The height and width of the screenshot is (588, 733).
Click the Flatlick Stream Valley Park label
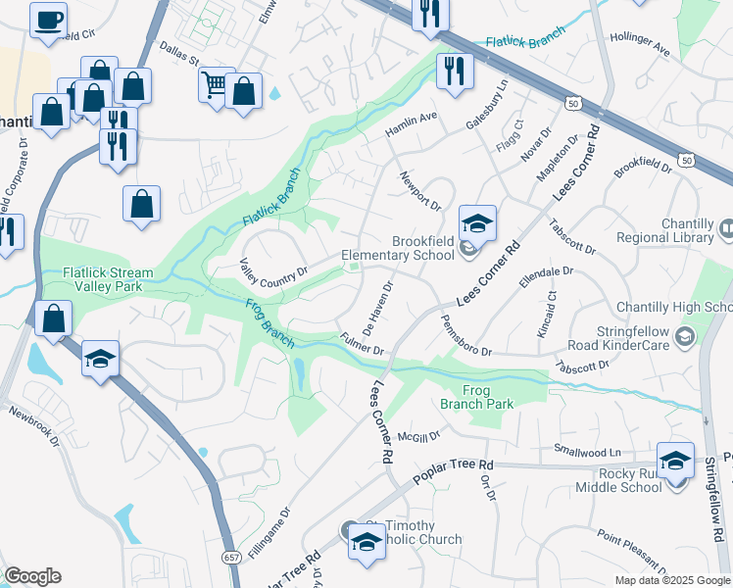pos(108,279)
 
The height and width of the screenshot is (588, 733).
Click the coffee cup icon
pos(48,20)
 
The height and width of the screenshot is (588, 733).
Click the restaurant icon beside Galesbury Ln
pos(455,71)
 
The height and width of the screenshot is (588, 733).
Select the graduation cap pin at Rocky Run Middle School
pos(676,460)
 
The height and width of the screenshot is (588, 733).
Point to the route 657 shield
pos(232,557)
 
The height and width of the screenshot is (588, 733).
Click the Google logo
pos(32,576)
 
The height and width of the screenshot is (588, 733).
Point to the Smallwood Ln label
pos(587,452)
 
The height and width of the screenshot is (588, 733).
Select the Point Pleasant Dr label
pos(632,547)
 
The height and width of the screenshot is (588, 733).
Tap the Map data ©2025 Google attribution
pos(671,580)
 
